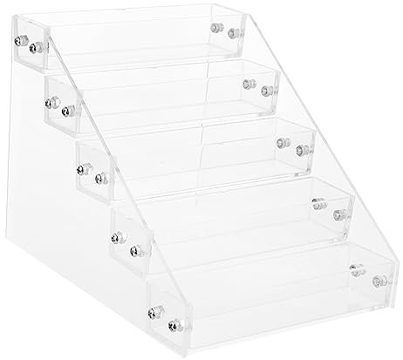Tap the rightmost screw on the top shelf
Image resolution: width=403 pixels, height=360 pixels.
233,36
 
